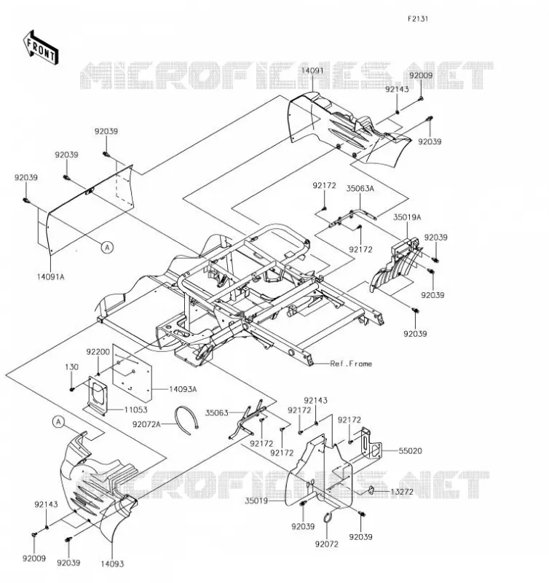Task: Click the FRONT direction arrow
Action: click(41, 48)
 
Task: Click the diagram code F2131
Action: click(418, 19)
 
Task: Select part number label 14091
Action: click(312, 71)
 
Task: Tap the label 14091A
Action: click(50, 277)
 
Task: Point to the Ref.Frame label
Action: click(351, 364)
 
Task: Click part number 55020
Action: click(411, 451)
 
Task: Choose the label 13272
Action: click(401, 492)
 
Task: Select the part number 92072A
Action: click(146, 424)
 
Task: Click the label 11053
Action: click(135, 410)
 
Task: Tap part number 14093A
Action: click(183, 389)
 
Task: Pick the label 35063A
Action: click(360, 189)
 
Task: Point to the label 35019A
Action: click(407, 217)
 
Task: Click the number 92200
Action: click(98, 352)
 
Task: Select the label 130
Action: click(71, 367)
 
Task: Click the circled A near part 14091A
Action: click(107, 247)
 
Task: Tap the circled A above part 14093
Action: click(58, 422)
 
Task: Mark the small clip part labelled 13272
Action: click(371, 490)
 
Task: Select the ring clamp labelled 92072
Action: click(327, 517)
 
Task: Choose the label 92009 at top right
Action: click(421, 76)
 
